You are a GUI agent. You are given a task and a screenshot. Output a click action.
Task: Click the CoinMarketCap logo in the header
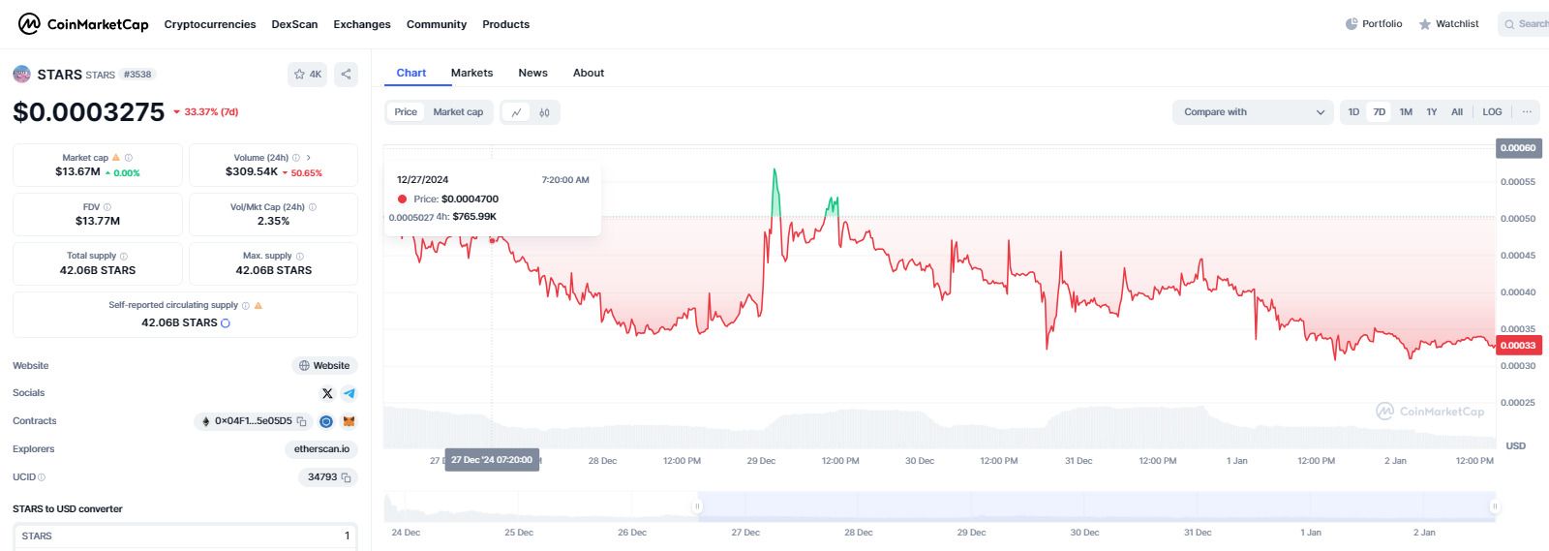pyautogui.click(x=83, y=24)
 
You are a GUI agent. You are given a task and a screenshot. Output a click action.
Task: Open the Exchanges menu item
pyautogui.click(x=362, y=24)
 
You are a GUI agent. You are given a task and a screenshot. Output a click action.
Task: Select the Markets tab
pyautogui.click(x=471, y=73)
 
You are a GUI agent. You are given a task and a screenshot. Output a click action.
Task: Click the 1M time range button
pyautogui.click(x=1406, y=112)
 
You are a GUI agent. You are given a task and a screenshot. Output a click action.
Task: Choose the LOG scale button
pyautogui.click(x=1492, y=112)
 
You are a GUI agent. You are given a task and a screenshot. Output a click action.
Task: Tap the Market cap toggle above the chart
pyautogui.click(x=458, y=112)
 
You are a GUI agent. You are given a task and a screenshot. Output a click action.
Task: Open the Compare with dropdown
pyautogui.click(x=1253, y=112)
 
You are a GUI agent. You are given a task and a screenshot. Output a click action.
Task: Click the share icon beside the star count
pyautogui.click(x=346, y=74)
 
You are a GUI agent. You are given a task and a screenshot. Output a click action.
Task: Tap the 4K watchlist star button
pyautogui.click(x=308, y=74)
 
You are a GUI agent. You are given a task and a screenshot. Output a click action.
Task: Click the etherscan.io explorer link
pyautogui.click(x=321, y=449)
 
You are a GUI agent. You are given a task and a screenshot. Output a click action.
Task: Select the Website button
pyautogui.click(x=324, y=366)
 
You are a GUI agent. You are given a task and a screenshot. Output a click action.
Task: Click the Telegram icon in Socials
pyautogui.click(x=349, y=393)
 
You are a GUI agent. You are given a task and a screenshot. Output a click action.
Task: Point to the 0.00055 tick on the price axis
pyautogui.click(x=1517, y=182)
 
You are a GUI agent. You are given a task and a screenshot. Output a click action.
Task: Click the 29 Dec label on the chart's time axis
pyautogui.click(x=761, y=461)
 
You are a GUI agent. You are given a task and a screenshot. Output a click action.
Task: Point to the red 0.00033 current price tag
pyautogui.click(x=1518, y=346)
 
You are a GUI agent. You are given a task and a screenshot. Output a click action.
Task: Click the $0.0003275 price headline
pyautogui.click(x=89, y=112)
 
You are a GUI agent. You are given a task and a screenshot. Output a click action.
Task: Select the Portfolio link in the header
pyautogui.click(x=1374, y=24)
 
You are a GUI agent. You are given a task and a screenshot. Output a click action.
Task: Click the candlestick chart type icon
pyautogui.click(x=545, y=112)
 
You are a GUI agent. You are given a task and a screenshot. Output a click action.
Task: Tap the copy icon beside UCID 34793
pyautogui.click(x=347, y=477)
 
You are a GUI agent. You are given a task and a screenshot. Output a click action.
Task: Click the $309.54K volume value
pyautogui.click(x=252, y=171)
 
